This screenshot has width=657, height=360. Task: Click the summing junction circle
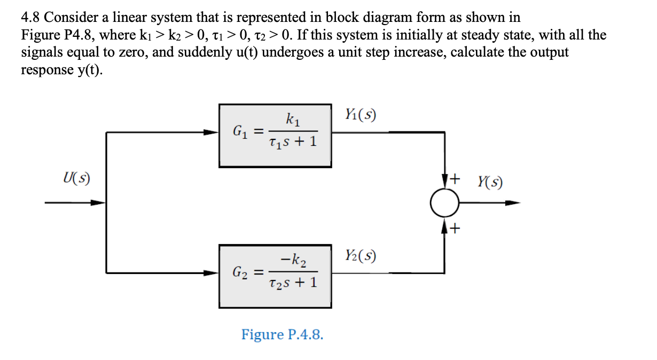point(444,203)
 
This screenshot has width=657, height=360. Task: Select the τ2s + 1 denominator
point(293,284)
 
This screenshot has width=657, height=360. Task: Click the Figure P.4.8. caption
point(282,335)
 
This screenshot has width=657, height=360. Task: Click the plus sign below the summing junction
point(455,230)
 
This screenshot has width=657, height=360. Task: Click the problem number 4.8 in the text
point(30,18)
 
